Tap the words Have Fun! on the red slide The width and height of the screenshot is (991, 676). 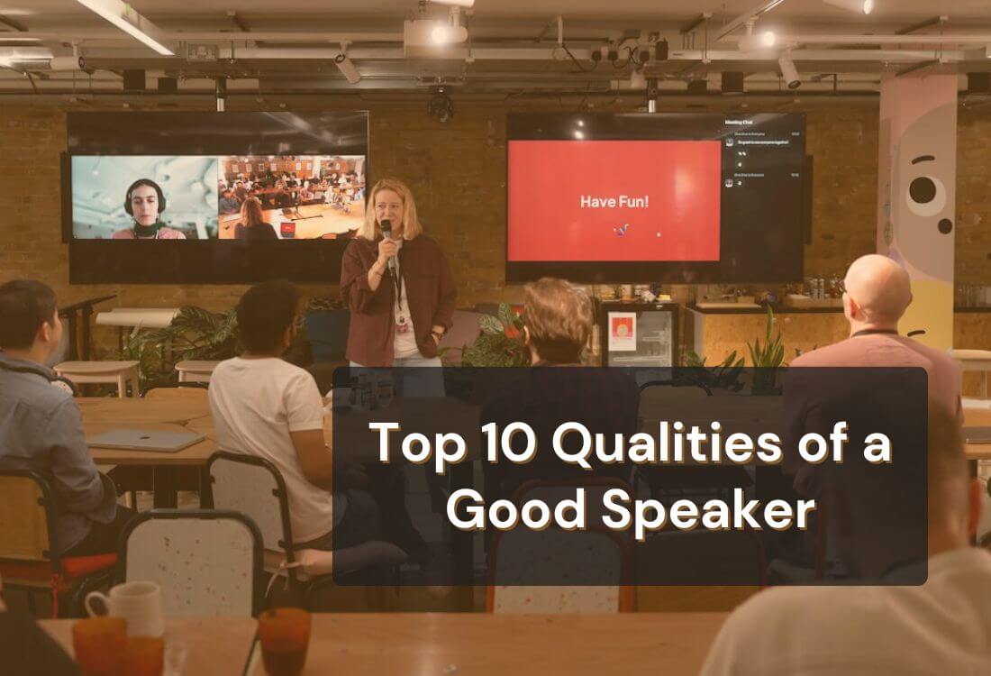(x=614, y=201)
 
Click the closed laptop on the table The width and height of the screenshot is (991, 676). (x=146, y=439)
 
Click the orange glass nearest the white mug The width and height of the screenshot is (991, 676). (x=99, y=644)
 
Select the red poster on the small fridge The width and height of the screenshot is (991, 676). (x=622, y=332)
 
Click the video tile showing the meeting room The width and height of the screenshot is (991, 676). (x=291, y=196)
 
